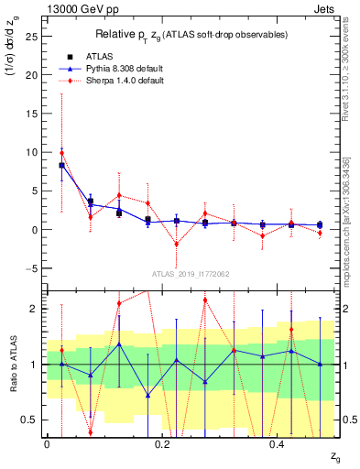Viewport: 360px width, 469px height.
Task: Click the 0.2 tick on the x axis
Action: click(162, 444)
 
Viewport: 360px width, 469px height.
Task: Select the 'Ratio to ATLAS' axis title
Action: click(13, 364)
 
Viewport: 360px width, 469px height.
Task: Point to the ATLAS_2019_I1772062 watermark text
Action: click(190, 275)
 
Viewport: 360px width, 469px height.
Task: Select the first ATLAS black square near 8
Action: click(61, 165)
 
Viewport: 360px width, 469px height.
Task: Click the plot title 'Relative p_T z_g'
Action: click(190, 34)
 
